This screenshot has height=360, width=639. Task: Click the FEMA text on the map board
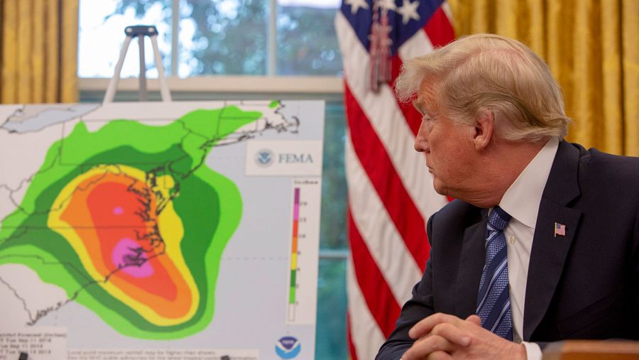(295, 158)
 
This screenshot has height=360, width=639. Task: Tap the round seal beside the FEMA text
(265, 158)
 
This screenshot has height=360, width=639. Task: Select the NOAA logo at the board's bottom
(288, 347)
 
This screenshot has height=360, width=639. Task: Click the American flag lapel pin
(559, 229)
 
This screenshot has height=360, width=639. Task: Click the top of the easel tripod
(141, 31)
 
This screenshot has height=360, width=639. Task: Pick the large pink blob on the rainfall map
(131, 257)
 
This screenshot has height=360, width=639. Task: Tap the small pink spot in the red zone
(118, 210)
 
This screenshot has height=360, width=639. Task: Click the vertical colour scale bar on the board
(294, 252)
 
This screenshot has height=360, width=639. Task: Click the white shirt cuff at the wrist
(530, 350)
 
